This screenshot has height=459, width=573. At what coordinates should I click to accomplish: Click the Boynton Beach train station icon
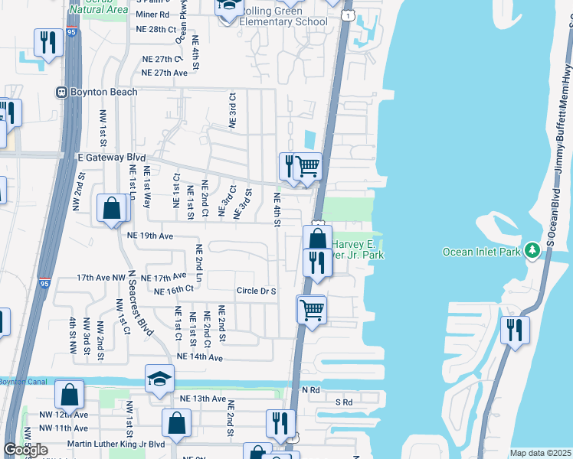point(61,93)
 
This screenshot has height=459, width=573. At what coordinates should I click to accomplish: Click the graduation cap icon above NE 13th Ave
point(159,379)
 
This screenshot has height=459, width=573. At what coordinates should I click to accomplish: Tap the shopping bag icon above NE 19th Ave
point(112,207)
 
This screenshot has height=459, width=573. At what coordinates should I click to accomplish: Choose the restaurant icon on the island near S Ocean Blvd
point(515,329)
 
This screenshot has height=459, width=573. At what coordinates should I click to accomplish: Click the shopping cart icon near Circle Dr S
point(312,309)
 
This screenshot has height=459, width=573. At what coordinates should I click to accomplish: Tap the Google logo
point(25,450)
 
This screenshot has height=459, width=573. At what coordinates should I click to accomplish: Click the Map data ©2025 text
point(540,453)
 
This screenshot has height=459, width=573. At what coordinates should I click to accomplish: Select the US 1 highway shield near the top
point(349,15)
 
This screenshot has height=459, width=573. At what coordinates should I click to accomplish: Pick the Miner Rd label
point(153,15)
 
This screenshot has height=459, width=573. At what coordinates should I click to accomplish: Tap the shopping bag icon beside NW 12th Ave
point(69,396)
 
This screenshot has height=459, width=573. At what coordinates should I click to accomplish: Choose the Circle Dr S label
point(256,291)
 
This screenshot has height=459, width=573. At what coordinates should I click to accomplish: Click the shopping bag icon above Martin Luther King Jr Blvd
point(177,422)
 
